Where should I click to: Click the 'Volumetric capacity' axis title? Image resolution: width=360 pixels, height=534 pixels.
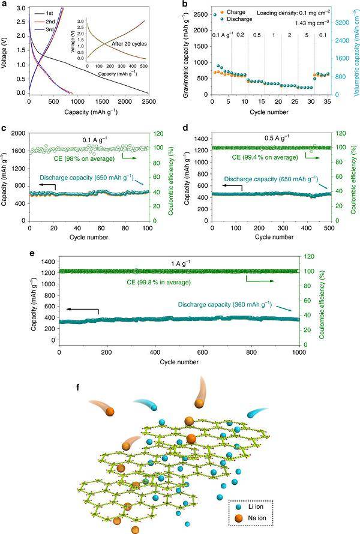click(x=355, y=54)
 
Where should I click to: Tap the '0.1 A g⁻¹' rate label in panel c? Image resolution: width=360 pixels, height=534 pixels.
click(x=95, y=139)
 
